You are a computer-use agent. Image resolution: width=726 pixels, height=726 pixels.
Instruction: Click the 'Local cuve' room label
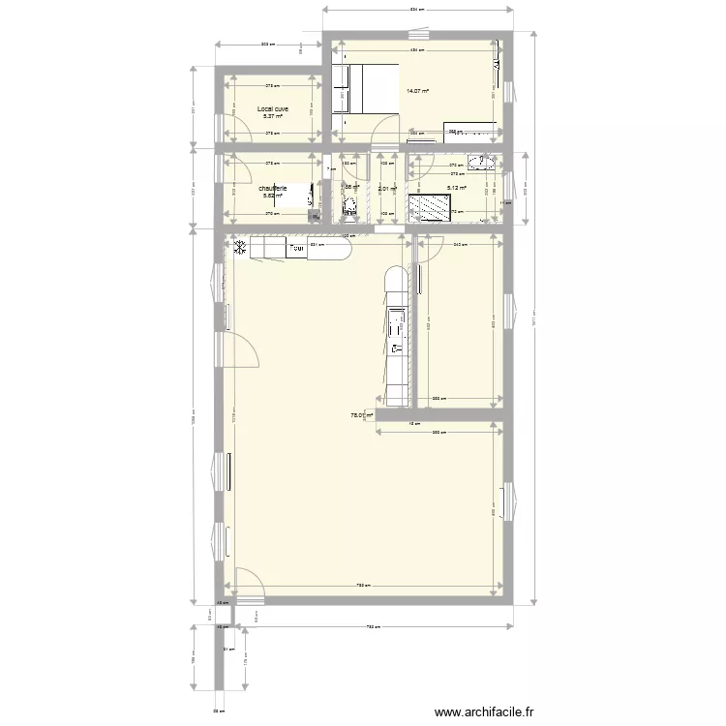272,109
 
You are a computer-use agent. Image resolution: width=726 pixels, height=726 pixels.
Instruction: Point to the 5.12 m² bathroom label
456,189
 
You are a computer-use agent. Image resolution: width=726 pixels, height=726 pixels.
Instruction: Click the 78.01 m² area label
361,415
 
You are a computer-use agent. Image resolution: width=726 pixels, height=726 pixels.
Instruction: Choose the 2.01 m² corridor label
387,189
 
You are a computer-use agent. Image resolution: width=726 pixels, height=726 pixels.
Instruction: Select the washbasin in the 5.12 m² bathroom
481,161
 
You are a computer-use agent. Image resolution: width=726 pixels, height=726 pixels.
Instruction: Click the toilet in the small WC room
349,205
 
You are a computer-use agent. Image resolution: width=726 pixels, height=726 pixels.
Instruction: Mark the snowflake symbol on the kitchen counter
237,248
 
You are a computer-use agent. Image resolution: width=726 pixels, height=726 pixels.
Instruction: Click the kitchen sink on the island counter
396,330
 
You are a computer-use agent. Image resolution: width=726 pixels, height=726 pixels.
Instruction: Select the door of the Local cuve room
226,128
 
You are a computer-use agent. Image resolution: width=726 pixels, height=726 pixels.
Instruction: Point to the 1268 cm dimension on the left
194,416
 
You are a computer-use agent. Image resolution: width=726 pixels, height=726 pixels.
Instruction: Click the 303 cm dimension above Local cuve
268,45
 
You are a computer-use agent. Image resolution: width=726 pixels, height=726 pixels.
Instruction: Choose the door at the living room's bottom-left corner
248,581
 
